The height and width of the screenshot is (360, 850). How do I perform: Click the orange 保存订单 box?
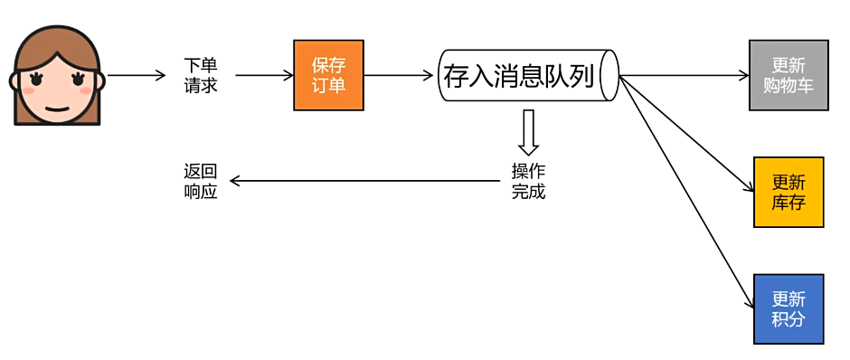[x=328, y=75]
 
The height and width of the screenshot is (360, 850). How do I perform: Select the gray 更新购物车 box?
[x=789, y=75]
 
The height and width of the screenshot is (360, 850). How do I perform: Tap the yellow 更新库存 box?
[x=789, y=191]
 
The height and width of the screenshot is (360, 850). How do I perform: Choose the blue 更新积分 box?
[x=789, y=308]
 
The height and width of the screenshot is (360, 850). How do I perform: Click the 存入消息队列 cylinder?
[x=524, y=76]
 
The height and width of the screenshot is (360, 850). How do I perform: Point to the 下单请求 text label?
[x=200, y=76]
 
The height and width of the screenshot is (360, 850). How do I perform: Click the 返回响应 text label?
[x=200, y=181]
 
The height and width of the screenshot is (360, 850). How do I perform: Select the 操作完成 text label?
[x=528, y=181]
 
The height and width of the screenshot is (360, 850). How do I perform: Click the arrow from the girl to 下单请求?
[x=137, y=76]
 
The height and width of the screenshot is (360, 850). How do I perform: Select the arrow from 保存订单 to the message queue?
[x=398, y=76]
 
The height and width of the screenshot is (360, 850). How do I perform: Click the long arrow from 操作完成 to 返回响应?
[x=362, y=181]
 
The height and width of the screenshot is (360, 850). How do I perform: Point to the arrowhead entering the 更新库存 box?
[x=749, y=189]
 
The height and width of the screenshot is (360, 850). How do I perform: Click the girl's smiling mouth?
[x=57, y=108]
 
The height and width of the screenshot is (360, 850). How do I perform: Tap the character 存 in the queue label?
[x=455, y=76]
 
